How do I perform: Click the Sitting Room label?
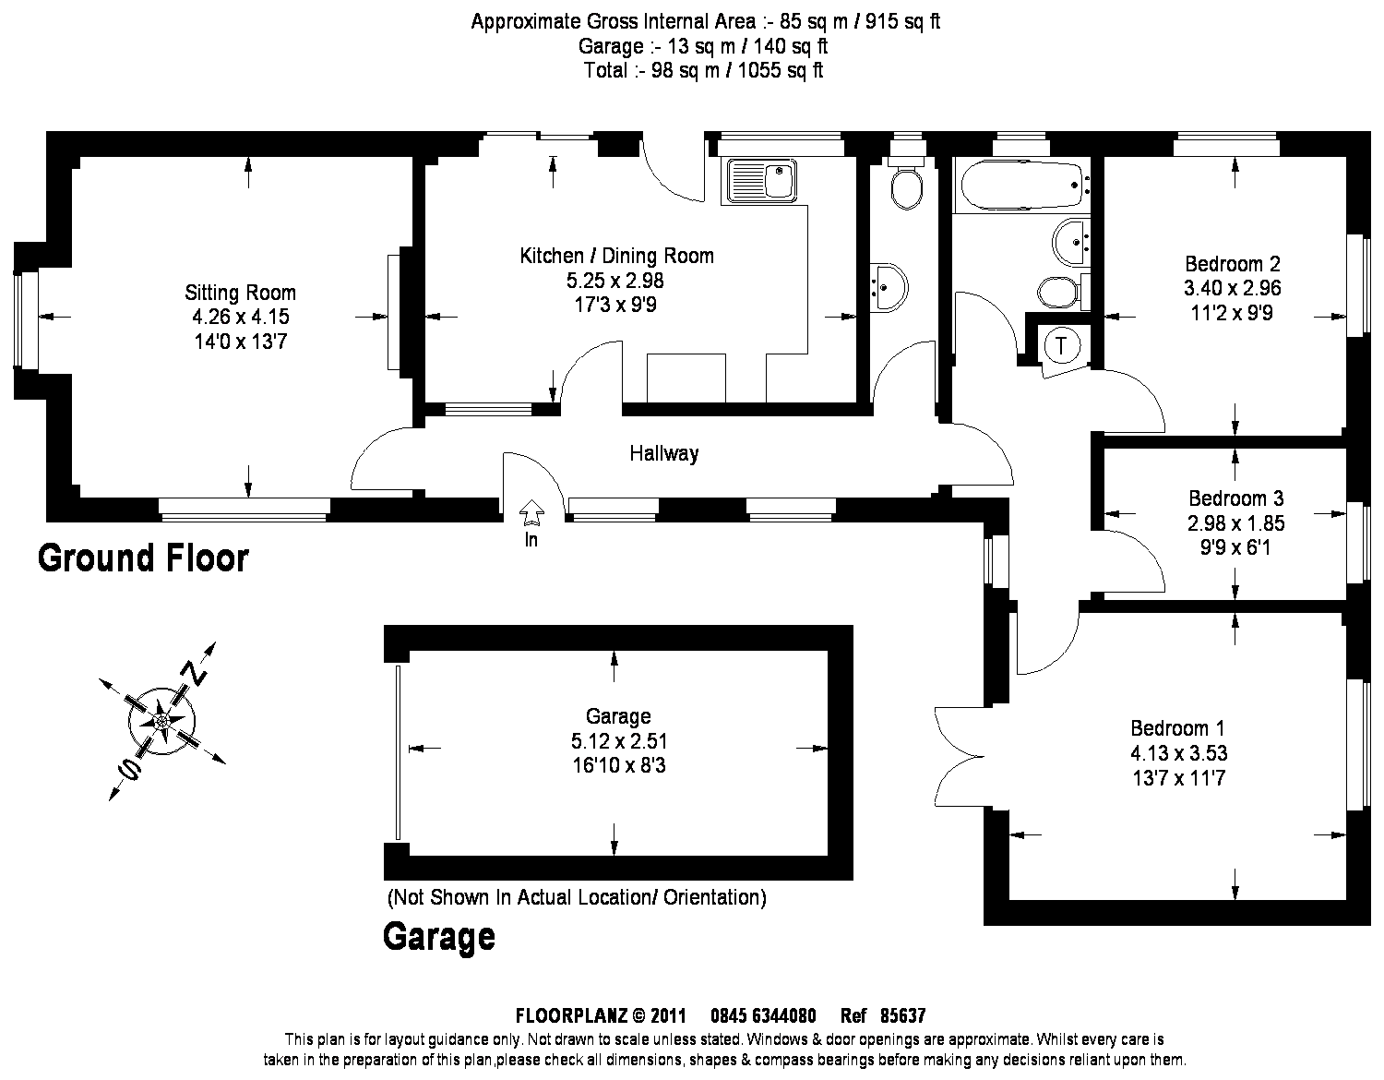coord(240,294)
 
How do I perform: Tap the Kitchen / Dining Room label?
coord(616,256)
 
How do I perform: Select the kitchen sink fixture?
coord(761,181)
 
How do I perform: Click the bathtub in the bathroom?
coord(1020,186)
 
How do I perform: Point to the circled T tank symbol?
coord(1061,346)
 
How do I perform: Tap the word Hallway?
coord(663,453)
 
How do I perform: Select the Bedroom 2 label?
coord(1232,263)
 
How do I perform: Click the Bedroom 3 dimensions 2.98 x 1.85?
coord(1236,523)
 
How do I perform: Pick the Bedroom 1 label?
coord(1178,727)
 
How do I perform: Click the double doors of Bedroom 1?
coord(960,757)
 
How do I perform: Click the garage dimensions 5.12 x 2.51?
coord(618,740)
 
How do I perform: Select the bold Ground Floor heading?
coord(143,558)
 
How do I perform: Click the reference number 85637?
coord(902,1016)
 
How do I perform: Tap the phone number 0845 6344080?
coord(762,1016)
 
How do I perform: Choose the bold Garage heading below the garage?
coord(438,937)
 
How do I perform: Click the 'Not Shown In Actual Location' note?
coord(576,896)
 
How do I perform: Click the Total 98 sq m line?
coord(703,71)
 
